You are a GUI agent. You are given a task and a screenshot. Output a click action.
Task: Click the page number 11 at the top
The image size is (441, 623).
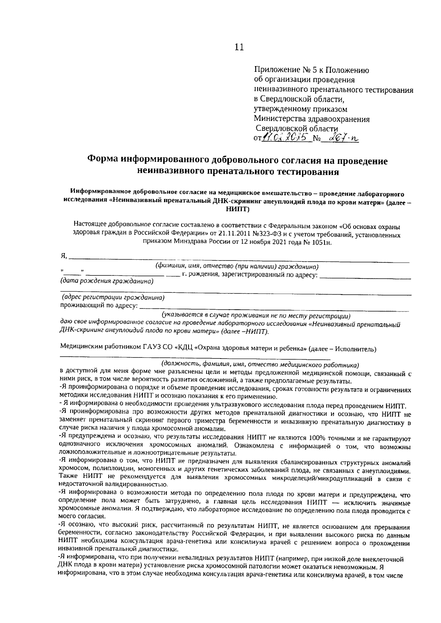click(239, 47)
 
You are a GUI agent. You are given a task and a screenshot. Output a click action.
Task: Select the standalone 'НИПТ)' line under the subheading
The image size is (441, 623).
click(239, 209)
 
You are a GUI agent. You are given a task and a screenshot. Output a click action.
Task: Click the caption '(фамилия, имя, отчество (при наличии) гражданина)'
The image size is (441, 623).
click(237, 266)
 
